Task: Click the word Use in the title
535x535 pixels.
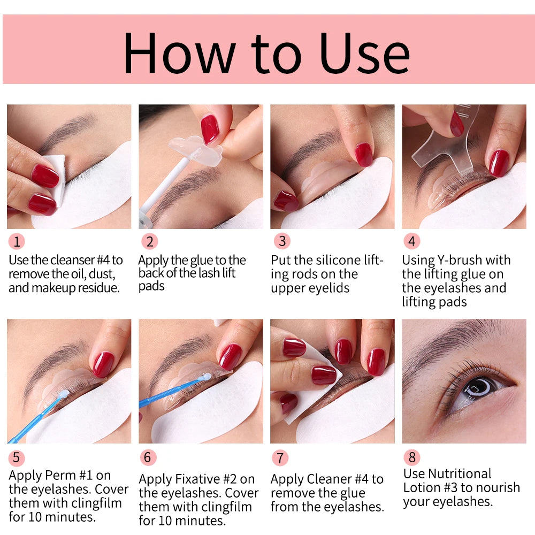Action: tap(364, 53)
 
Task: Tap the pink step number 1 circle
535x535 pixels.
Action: tap(17, 242)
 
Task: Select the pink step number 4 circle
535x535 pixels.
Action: tap(412, 241)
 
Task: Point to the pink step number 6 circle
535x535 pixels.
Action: tap(148, 457)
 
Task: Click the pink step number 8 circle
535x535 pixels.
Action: tap(412, 457)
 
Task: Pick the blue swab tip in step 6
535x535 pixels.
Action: tap(206, 377)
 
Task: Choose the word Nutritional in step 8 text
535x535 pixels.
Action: tap(460, 473)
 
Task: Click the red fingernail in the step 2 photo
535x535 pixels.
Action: tap(210, 129)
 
